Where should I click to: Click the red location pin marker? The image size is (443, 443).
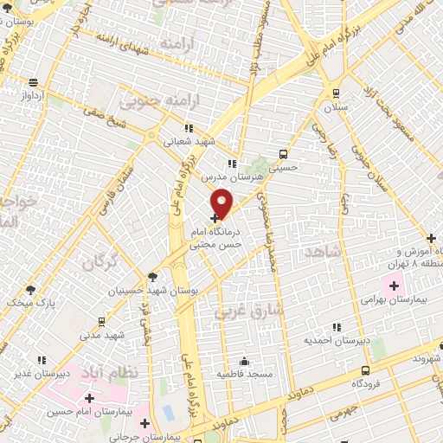222,202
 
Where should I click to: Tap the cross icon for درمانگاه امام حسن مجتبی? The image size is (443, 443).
215,219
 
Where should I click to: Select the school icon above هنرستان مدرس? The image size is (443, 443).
230,163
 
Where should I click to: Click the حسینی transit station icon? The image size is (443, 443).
283,153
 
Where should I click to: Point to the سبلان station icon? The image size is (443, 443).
335,93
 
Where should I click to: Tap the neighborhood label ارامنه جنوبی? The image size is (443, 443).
150,103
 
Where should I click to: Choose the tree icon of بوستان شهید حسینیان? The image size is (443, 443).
152,277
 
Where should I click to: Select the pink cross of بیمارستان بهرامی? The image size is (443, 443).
395,285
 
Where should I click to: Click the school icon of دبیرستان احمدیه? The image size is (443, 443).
337,327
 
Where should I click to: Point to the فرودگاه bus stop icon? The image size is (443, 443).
366,369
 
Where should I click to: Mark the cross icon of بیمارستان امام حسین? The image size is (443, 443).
90,398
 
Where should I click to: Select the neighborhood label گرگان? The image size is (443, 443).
103,258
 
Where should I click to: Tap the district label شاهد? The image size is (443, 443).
324,250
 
